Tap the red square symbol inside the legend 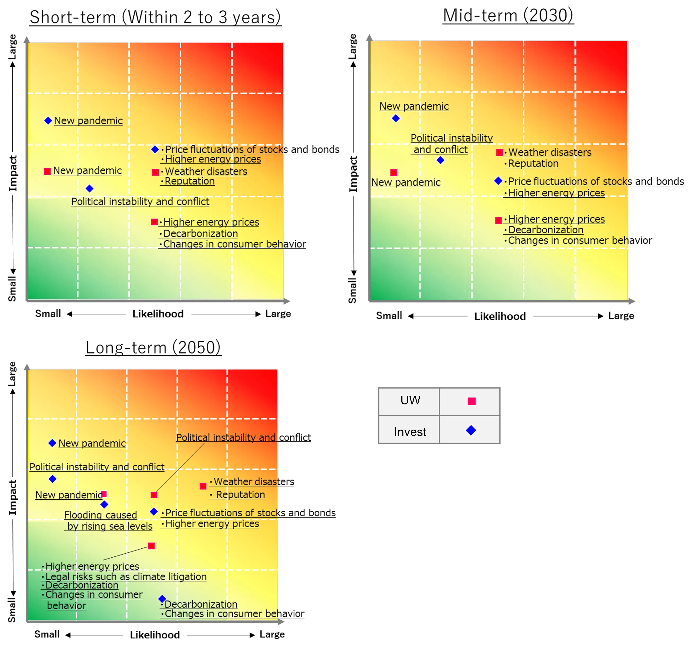[x=471, y=401]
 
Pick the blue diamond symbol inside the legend [x=471, y=430]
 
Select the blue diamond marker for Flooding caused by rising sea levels [x=104, y=504]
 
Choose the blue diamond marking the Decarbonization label [x=162, y=599]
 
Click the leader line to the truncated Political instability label [x=180, y=468]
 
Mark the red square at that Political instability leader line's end [x=154, y=495]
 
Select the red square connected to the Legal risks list [x=151, y=546]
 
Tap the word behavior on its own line [x=66, y=606]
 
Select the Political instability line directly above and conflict [x=451, y=138]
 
